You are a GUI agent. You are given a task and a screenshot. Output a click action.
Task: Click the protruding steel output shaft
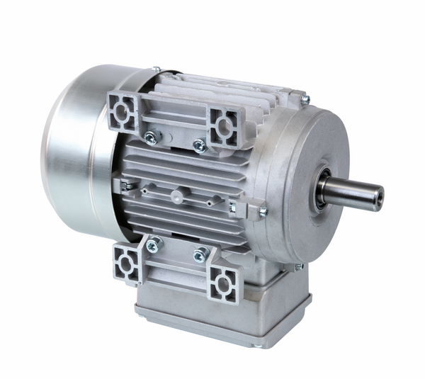pyautogui.click(x=354, y=192)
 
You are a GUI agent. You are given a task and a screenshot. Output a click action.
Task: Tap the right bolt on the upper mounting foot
pyautogui.click(x=199, y=145)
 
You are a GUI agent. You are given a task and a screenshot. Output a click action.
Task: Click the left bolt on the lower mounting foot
pyautogui.click(x=152, y=245)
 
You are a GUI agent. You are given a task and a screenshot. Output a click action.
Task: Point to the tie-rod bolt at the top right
pyautogui.click(x=305, y=101)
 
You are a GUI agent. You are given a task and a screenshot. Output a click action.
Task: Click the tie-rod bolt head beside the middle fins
pyautogui.click(x=262, y=211)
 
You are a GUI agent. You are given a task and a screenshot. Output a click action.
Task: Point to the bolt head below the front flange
pyautogui.click(x=299, y=266)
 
